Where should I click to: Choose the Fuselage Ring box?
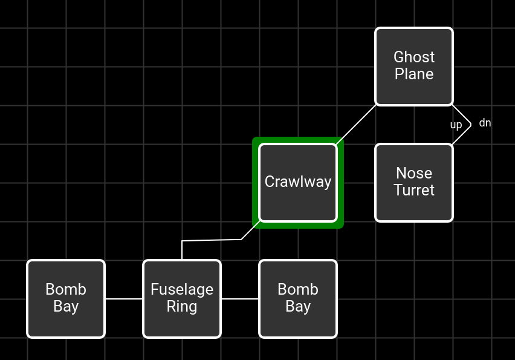[x=182, y=324]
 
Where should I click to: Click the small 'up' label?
[x=456, y=125]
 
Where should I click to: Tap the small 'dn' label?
[x=485, y=123]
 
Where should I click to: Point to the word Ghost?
[x=414, y=57]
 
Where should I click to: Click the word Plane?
[x=414, y=74]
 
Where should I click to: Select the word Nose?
[x=414, y=173]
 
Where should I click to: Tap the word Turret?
[x=414, y=190]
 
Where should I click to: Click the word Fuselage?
[x=182, y=289]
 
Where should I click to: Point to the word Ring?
[x=182, y=306]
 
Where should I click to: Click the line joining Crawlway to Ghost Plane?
[x=357, y=124]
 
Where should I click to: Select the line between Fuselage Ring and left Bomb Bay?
[x=124, y=298]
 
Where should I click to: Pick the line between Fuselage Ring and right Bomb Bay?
[x=240, y=298]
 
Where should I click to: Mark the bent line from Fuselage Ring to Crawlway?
[x=212, y=240]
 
